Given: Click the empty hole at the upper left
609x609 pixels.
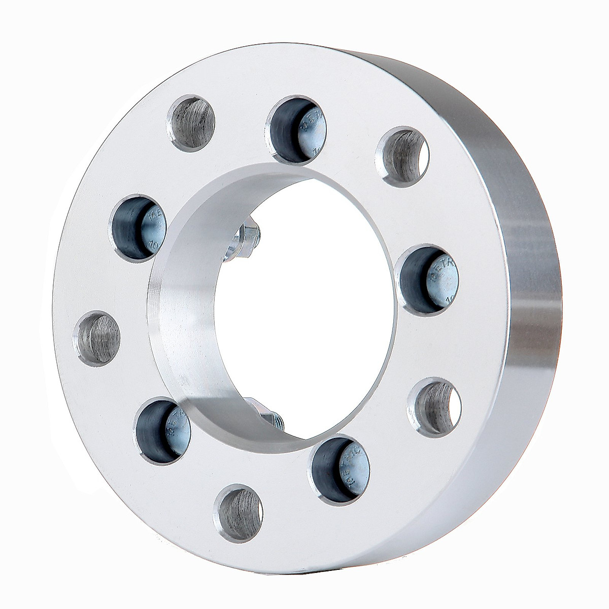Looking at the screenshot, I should pos(192,123).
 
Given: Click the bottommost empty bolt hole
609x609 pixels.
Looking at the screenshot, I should pos(239,509).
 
